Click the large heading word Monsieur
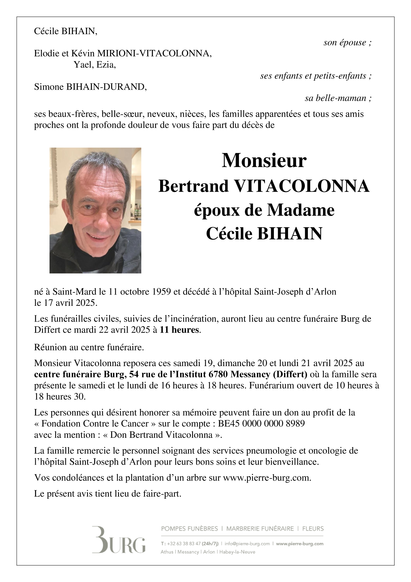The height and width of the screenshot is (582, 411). click(264, 161)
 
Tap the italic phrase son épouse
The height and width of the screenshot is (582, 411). click(347, 43)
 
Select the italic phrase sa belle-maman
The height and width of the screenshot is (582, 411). click(338, 98)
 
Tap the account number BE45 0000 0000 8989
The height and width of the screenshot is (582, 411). click(261, 424)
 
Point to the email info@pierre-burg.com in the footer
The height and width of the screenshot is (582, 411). click(247, 544)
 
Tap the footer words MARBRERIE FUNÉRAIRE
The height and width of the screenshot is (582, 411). click(260, 529)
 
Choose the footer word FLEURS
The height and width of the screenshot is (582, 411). click(313, 529)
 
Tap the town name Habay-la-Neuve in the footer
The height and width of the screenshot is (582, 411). click(237, 552)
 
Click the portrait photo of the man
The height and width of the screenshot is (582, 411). click(95, 210)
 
